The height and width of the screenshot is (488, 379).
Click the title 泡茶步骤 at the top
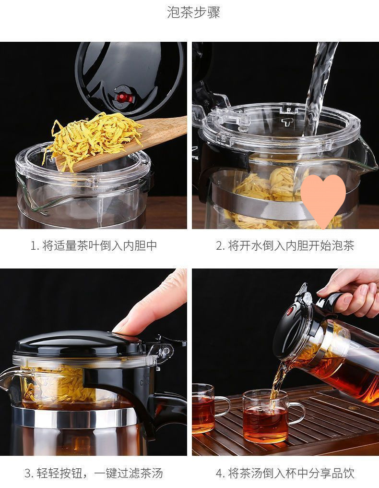point(193,12)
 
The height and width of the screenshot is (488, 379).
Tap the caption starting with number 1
point(94,245)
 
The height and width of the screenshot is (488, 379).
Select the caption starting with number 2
point(285,245)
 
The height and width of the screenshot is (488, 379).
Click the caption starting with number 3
point(94,473)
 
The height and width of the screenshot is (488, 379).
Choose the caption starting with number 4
point(285,473)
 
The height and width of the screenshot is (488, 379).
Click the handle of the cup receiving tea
point(297,413)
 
